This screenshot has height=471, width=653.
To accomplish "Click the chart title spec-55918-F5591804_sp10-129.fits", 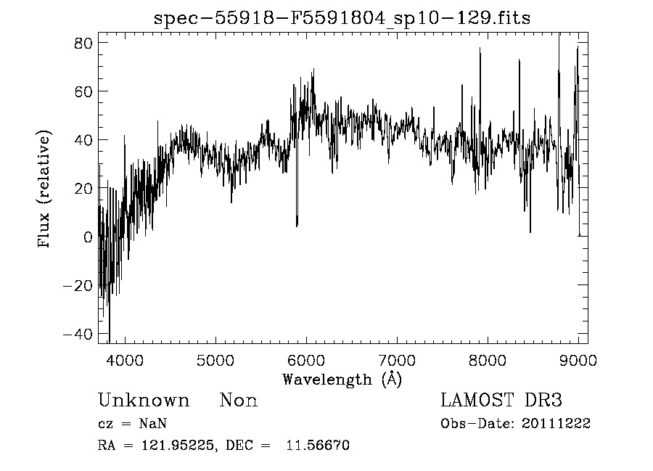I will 342,18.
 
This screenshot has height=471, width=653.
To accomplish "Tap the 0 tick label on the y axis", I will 88,237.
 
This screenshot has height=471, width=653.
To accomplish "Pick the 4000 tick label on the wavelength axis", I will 125,360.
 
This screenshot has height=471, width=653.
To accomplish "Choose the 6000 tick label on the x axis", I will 306,360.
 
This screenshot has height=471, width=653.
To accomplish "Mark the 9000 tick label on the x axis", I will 578,360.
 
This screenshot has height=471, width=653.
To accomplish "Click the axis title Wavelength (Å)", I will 342,379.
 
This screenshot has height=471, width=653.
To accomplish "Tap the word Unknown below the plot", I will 144,401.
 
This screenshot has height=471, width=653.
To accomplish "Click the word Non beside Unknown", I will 239,401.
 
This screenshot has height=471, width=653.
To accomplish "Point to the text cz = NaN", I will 134,424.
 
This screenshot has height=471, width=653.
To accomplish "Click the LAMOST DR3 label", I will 501,401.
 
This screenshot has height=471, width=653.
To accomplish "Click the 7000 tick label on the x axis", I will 397,360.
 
